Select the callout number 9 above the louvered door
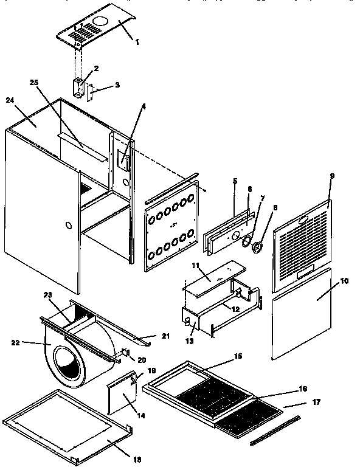(332, 176)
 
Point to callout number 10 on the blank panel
(344, 281)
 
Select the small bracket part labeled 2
(78, 86)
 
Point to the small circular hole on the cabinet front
(68, 226)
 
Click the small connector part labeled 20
(125, 352)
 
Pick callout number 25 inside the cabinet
(31, 82)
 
